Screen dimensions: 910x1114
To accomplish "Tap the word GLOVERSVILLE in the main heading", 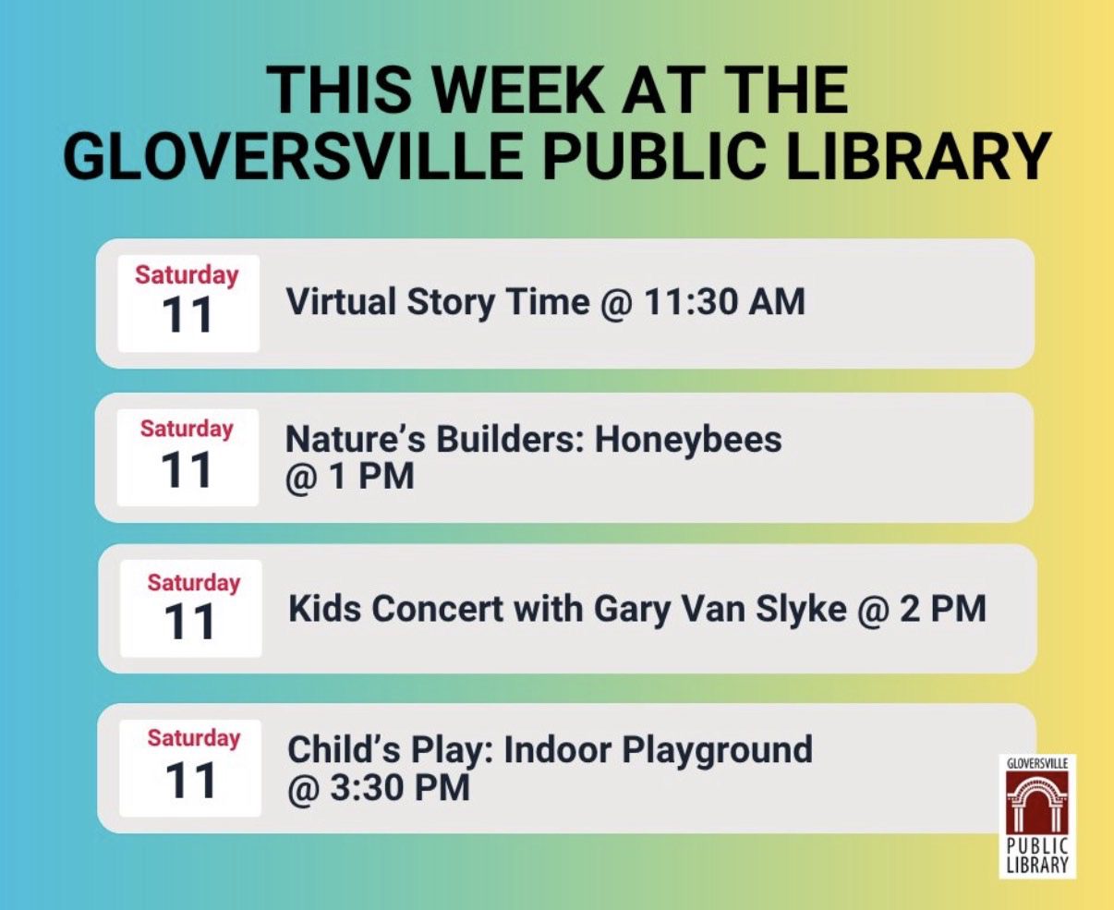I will click(294, 156).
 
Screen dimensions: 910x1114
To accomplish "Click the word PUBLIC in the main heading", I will click(648, 156).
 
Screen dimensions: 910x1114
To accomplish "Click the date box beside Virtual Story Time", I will click(188, 303).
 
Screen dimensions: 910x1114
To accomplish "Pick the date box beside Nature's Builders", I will click(188, 457).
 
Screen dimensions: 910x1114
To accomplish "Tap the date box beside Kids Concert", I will click(191, 609).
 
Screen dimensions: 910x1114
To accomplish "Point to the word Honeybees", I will click(688, 439).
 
